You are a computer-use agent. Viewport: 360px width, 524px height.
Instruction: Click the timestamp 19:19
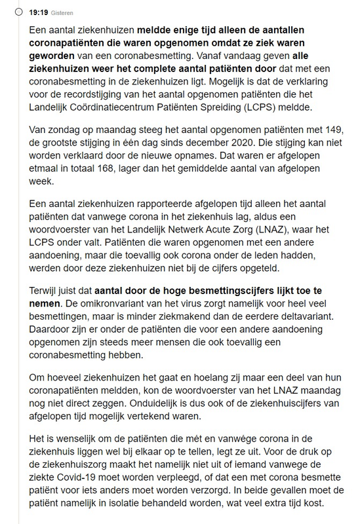pyautogui.click(x=27, y=11)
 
